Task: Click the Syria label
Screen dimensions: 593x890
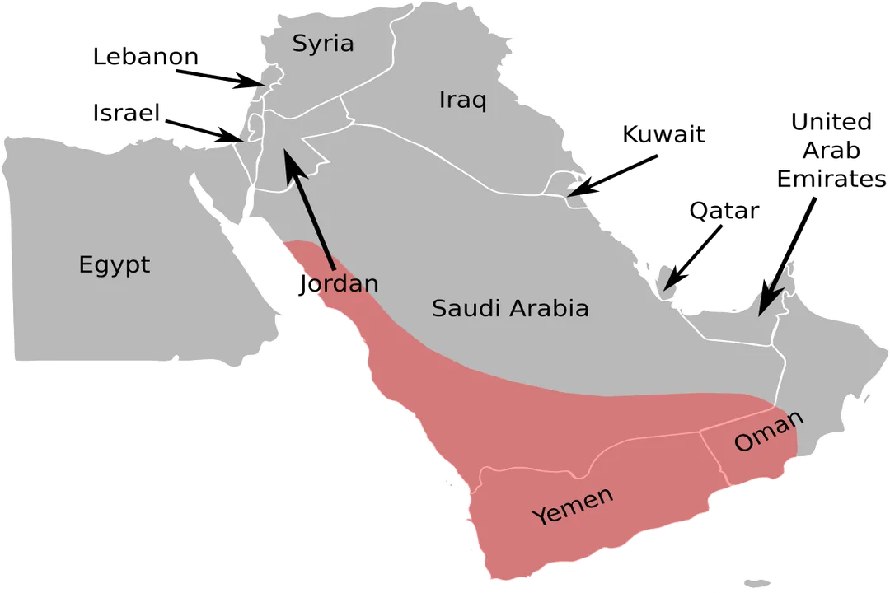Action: coord(323,44)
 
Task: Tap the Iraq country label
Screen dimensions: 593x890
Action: coord(462,100)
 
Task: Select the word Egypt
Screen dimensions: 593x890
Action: coord(115,265)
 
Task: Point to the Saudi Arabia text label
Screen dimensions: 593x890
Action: coord(510,309)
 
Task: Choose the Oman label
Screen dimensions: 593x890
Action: coord(768,431)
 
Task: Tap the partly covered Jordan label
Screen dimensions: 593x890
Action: coord(343,284)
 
